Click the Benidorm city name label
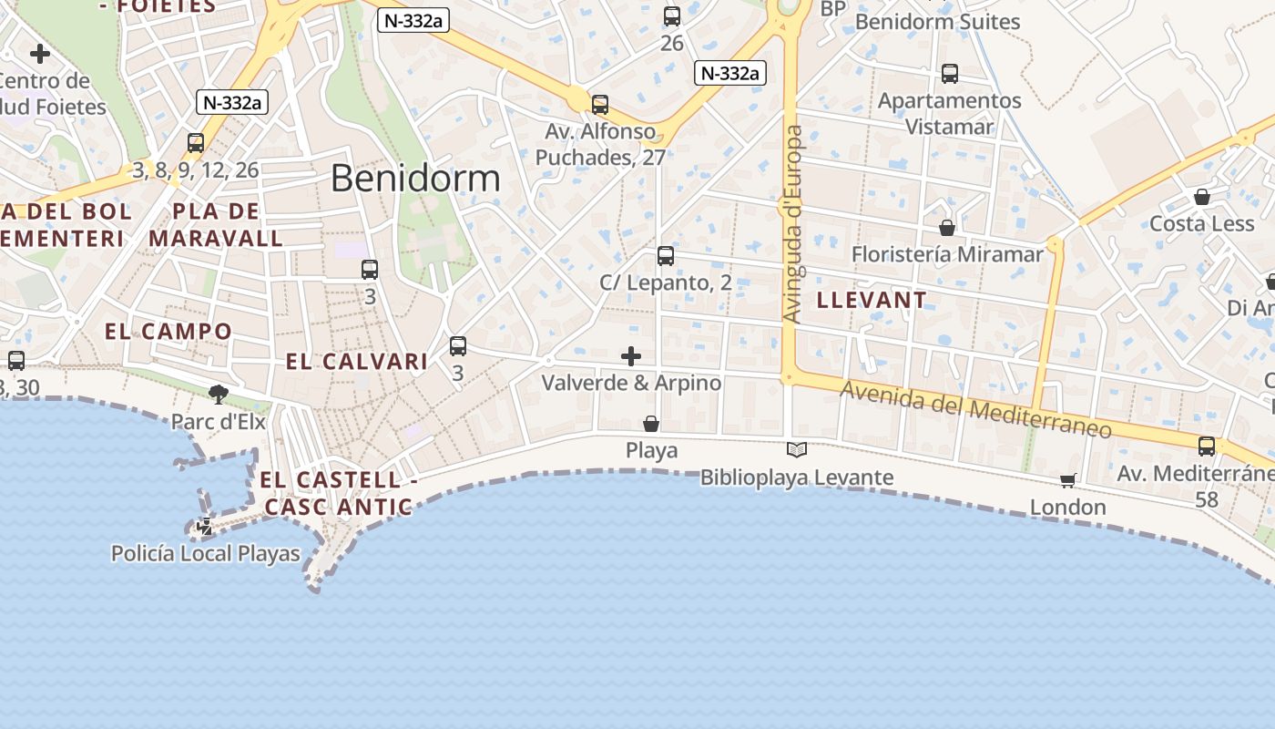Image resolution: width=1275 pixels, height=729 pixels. tap(415, 178)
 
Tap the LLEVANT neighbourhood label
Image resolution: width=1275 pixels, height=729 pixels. tap(872, 300)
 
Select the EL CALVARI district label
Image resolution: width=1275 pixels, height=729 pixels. tap(357, 362)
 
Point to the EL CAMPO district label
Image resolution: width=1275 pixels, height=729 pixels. tap(168, 331)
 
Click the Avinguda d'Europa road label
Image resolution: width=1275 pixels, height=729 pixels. tap(793, 224)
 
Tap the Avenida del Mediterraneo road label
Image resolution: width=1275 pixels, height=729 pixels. tap(975, 409)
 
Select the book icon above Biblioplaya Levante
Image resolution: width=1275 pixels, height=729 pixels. tap(797, 449)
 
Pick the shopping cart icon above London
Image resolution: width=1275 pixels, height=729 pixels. tap(1068, 480)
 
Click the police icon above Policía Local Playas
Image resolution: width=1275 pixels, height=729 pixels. tap(206, 526)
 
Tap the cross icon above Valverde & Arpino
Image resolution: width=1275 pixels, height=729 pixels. tap(631, 356)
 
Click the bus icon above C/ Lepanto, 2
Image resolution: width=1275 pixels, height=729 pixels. tap(666, 256)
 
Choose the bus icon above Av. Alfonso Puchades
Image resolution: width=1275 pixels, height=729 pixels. tap(600, 105)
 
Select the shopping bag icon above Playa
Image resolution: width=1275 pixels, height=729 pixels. tap(651, 424)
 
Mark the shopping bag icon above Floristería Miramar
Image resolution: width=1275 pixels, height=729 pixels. tap(947, 228)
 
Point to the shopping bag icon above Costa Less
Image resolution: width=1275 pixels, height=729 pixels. tap(1202, 197)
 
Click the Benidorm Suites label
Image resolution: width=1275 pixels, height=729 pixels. tap(937, 22)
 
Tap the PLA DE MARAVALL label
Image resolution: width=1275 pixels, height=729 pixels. tap(217, 225)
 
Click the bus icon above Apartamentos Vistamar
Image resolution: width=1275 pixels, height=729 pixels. tap(950, 74)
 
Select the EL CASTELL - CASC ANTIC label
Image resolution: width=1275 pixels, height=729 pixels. tap(338, 493)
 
